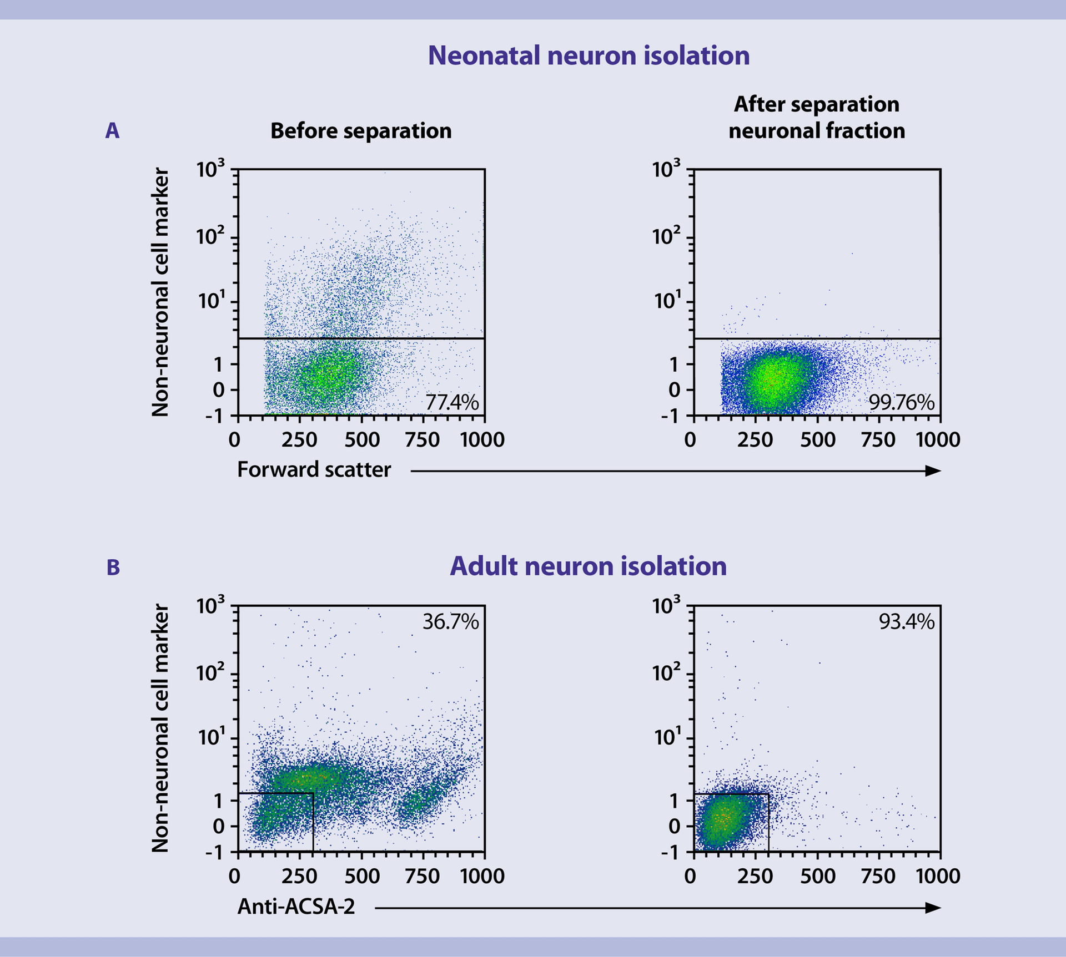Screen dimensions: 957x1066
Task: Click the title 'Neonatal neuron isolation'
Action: (x=588, y=55)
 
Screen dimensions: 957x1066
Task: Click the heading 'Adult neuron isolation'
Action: (x=588, y=566)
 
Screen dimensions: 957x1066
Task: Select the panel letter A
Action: (x=112, y=131)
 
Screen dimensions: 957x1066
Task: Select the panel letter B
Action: (x=113, y=568)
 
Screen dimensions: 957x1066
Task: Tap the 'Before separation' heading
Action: (x=361, y=131)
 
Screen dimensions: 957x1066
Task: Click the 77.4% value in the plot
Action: (x=451, y=402)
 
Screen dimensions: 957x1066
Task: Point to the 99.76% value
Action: (x=901, y=402)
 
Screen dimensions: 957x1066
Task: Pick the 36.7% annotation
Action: (x=450, y=621)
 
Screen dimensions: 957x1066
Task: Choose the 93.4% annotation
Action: (x=906, y=621)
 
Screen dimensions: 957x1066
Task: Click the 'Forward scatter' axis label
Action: (x=314, y=469)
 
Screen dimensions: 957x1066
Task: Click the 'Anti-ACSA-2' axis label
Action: (x=296, y=906)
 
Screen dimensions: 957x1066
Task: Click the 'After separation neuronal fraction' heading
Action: (x=816, y=118)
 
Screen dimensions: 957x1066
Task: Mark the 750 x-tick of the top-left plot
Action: (x=422, y=440)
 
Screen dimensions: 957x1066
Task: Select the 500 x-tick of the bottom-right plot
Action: (x=817, y=876)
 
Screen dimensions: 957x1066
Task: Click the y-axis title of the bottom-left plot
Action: (x=160, y=728)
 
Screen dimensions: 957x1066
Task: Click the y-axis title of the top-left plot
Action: (x=160, y=292)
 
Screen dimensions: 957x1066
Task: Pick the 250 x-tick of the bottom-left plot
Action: (x=299, y=876)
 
